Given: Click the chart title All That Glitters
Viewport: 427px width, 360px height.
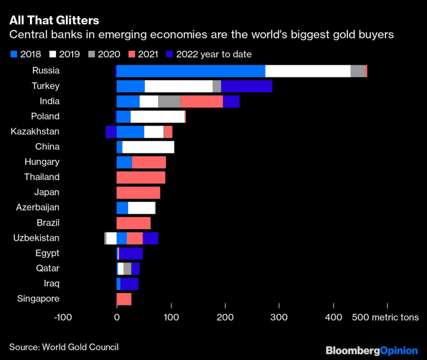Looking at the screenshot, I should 54,20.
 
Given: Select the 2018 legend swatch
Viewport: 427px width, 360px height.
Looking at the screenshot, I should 14,54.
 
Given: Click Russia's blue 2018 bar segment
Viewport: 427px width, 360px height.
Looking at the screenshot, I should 190,71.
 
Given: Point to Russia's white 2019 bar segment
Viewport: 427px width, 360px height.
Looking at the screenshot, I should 308,71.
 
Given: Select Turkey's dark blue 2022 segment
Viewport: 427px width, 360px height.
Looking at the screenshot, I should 246,87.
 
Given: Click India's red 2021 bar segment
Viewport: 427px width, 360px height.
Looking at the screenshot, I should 201,102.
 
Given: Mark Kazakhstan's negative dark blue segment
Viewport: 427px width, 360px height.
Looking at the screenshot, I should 111,132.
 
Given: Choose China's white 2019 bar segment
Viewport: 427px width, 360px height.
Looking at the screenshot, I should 148,147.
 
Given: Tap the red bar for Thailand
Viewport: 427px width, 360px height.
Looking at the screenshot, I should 141,177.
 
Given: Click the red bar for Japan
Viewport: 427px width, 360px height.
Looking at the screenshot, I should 138,192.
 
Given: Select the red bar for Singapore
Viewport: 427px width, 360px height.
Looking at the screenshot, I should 124,299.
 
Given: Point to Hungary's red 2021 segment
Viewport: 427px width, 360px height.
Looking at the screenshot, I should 149,162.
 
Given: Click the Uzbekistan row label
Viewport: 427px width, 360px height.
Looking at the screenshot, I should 36,238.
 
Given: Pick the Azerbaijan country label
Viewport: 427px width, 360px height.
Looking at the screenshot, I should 38,207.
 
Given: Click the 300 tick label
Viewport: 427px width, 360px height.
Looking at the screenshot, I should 279,317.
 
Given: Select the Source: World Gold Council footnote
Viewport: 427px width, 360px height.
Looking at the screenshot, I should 63,346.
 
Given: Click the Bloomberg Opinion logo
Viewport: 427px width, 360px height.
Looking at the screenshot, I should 372,350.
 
